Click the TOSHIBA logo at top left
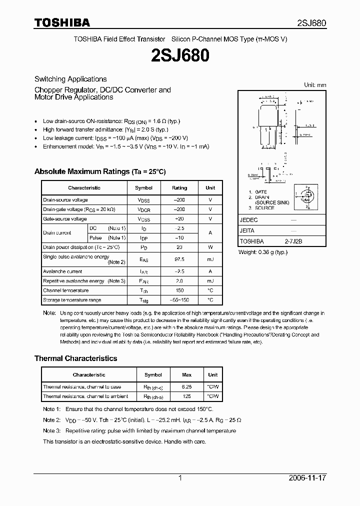click(x=62, y=22)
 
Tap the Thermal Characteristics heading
click(x=75, y=358)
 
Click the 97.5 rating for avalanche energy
click(x=179, y=259)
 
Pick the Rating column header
click(x=179, y=187)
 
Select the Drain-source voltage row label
click(x=65, y=200)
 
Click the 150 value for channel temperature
click(x=179, y=290)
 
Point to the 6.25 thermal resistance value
click(x=187, y=387)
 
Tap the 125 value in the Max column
click(x=187, y=396)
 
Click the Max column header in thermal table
click(x=187, y=374)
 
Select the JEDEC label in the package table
click(x=249, y=220)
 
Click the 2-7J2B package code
click(x=293, y=241)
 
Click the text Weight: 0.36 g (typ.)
click(x=263, y=252)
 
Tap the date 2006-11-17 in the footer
click(x=307, y=478)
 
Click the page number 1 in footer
click(x=180, y=478)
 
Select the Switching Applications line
click(x=70, y=79)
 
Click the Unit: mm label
click(x=315, y=85)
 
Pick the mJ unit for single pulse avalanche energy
click(x=210, y=259)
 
